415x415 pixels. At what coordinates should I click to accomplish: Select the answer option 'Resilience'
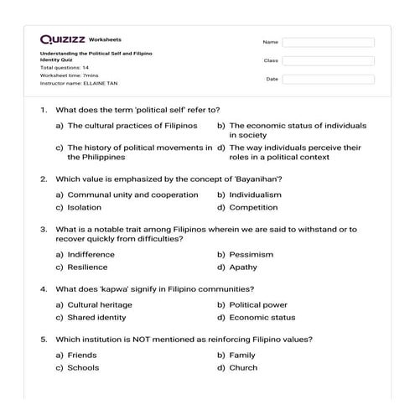87,267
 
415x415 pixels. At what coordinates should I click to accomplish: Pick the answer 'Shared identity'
96,318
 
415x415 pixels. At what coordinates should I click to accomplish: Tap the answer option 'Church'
243,367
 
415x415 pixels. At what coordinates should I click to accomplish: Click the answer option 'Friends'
82,355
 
